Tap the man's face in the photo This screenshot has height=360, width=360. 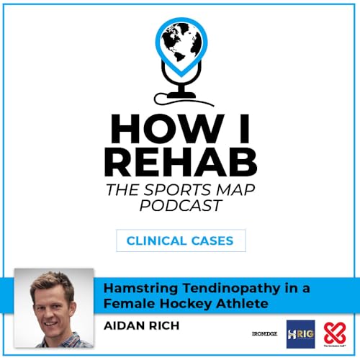pyautogui.click(x=55, y=302)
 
